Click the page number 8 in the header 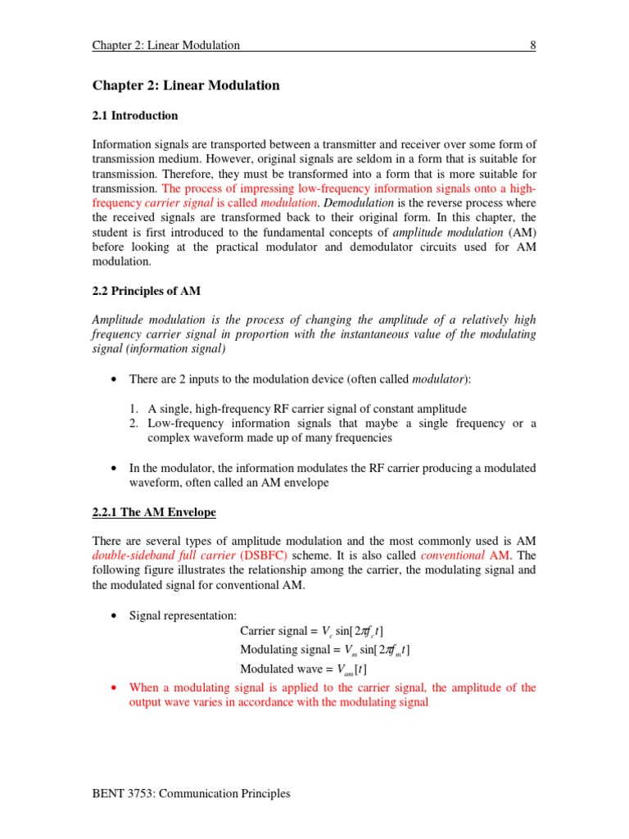pos(532,46)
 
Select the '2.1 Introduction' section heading pos(135,116)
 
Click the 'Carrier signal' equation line pos(311,630)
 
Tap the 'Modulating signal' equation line pos(324,650)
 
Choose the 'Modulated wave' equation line pos(297,669)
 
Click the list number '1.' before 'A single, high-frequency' pos(135,409)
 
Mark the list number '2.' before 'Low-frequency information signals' pos(135,424)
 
